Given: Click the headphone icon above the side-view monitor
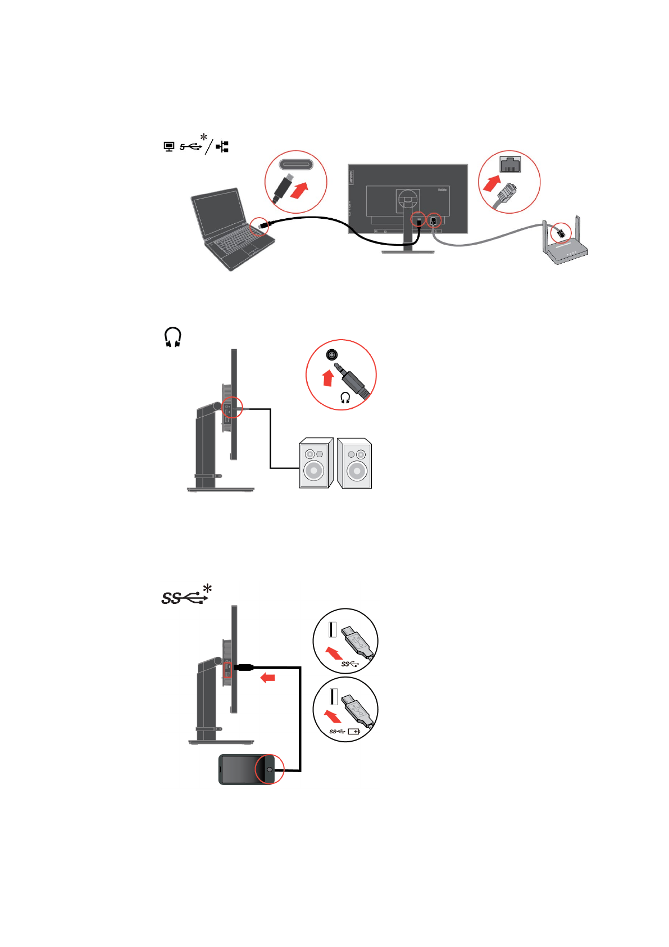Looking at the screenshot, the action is click(x=173, y=337).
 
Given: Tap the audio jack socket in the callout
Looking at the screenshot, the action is click(x=333, y=355).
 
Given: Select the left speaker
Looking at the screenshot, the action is click(x=316, y=463).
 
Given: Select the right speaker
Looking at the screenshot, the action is click(x=354, y=463).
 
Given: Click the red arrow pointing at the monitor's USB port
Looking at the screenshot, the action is click(x=268, y=678).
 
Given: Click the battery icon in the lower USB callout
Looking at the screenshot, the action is click(x=354, y=732).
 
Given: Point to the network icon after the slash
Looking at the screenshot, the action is click(x=222, y=147).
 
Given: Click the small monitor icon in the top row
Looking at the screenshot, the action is click(x=169, y=147).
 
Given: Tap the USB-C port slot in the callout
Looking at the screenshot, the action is click(x=296, y=165).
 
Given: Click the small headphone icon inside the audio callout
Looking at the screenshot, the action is click(x=345, y=398).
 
